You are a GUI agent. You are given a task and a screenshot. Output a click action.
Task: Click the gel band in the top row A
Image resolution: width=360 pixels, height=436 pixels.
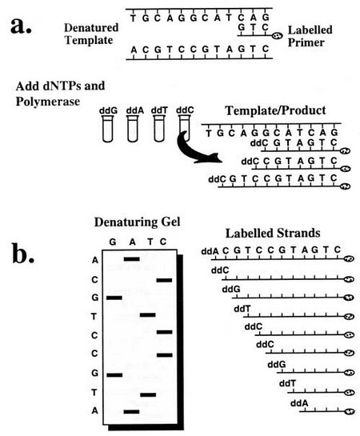pos(132,259)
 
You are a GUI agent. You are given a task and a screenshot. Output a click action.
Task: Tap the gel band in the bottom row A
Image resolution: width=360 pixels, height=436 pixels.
pos(132,412)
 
